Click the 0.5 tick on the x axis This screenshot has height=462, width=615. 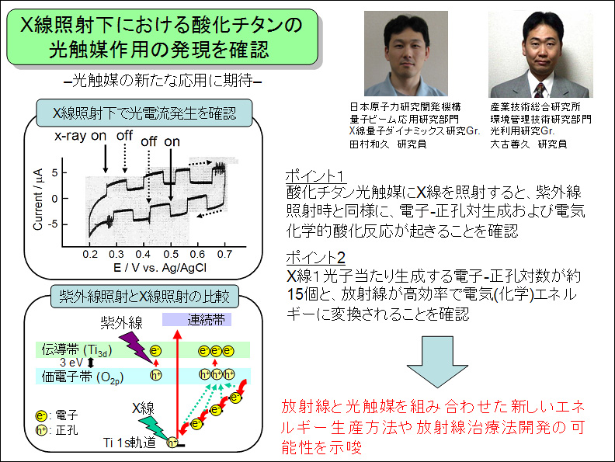click(171, 254)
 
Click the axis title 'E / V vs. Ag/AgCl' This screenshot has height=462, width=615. click(160, 267)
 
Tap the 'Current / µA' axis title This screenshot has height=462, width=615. click(38, 200)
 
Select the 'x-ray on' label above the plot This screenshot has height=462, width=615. click(81, 136)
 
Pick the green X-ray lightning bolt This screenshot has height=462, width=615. click(153, 427)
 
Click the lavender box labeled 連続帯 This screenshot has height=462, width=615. click(197, 320)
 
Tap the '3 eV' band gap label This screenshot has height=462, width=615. click(71, 363)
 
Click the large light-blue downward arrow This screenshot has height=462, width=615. click(437, 362)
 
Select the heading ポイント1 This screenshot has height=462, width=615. click(316, 175)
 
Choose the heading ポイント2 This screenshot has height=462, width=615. click(316, 258)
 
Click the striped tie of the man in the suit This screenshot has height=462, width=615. click(540, 90)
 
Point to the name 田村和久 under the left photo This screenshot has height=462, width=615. click(370, 144)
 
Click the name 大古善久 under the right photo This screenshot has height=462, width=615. click(510, 144)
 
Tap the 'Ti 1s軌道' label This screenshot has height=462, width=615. click(130, 443)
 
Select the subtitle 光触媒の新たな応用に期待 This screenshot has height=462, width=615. click(162, 81)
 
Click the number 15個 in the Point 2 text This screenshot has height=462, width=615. click(302, 294)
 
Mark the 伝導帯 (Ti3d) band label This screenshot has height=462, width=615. click(77, 350)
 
